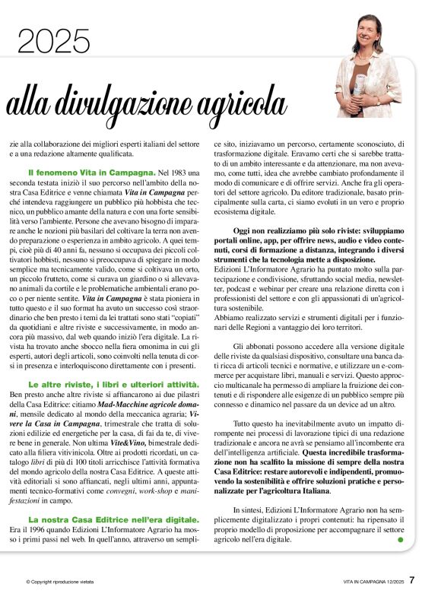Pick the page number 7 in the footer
[x=411, y=580]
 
